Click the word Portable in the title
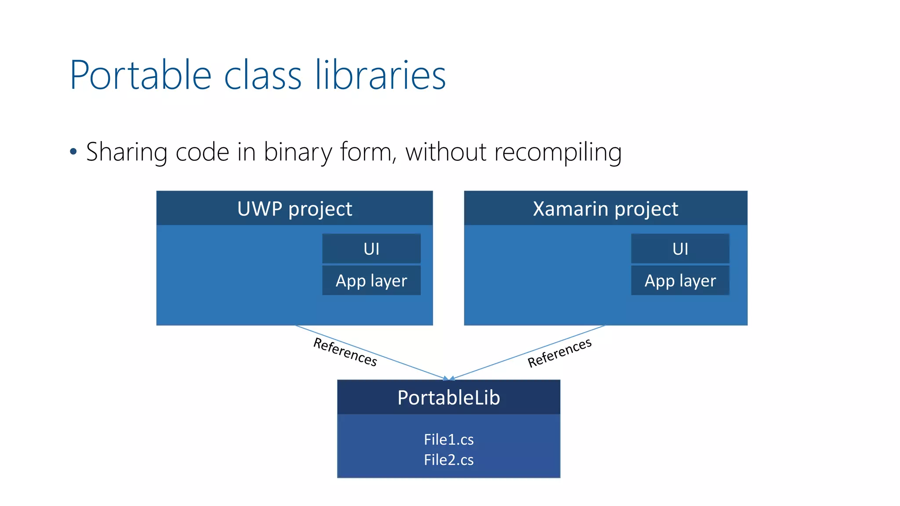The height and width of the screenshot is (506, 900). [x=141, y=76]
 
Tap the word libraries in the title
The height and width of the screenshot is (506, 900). [x=381, y=76]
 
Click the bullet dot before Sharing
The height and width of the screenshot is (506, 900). [x=73, y=152]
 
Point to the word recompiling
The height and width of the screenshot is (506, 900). [x=558, y=152]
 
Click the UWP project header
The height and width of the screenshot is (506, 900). [x=294, y=209]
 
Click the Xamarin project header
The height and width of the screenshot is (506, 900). [x=605, y=209]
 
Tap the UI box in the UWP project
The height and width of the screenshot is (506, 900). [x=371, y=249]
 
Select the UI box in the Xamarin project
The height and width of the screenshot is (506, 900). [x=680, y=249]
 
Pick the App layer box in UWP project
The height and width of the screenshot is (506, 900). [x=371, y=281]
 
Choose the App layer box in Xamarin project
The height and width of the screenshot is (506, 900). [x=680, y=281]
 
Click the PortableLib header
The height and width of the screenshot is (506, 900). [x=448, y=398]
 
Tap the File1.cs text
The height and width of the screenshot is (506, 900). [x=448, y=439]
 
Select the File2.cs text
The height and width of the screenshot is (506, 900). [x=448, y=460]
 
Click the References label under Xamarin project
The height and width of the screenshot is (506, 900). [x=559, y=353]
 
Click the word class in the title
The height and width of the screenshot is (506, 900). [x=263, y=76]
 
